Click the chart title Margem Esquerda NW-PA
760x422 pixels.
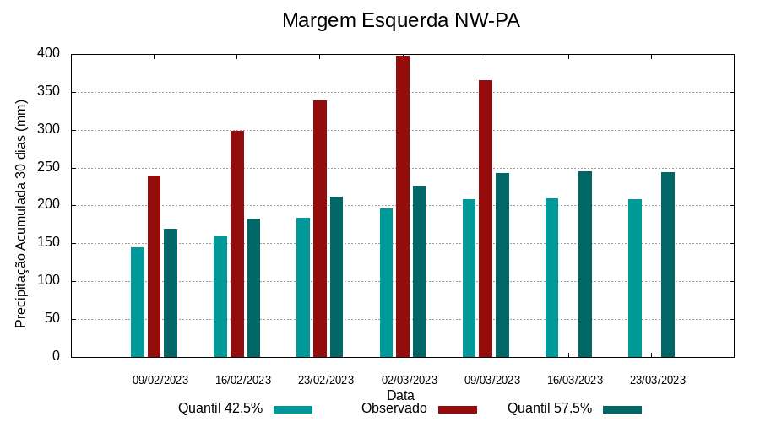coord(400,20)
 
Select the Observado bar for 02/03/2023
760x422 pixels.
coord(403,206)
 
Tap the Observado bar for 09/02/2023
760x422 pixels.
coord(154,266)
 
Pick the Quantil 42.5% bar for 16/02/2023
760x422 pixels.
coord(220,296)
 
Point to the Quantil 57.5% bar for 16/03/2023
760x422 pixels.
coord(585,264)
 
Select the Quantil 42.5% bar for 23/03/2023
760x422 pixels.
coord(635,278)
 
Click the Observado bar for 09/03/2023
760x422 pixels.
coord(486,219)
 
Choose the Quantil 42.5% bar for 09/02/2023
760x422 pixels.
coord(138,302)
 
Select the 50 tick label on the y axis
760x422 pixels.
coord(52,319)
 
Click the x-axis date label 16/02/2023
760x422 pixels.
coord(243,380)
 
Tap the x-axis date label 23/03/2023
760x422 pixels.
coord(658,380)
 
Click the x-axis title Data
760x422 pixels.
coord(400,395)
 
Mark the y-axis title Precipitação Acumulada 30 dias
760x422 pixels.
coord(21,214)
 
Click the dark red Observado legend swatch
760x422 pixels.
coord(457,409)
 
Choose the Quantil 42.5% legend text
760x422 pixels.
coord(220,408)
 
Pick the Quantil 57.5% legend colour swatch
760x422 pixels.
coord(622,409)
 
